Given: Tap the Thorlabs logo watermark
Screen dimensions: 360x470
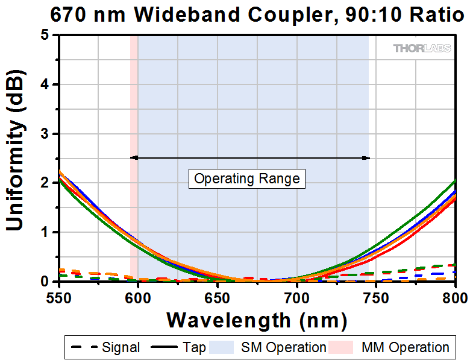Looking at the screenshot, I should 422,48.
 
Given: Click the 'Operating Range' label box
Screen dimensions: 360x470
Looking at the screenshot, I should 246,179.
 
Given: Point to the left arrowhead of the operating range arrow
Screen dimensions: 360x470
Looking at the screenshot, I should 134,158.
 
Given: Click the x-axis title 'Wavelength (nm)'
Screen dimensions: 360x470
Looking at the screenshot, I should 257,319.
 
